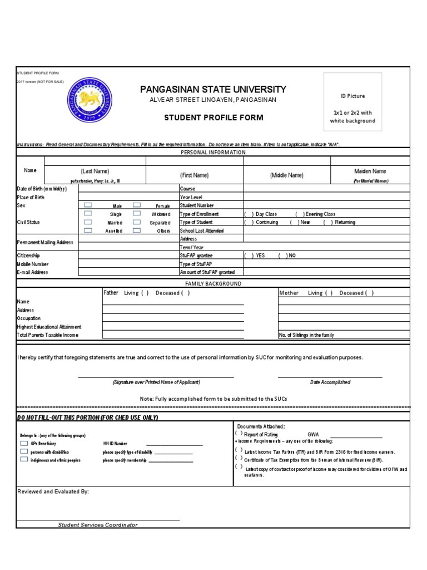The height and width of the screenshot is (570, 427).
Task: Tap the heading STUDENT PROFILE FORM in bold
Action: pyautogui.click(x=206, y=117)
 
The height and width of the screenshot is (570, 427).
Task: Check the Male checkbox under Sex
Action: pyautogui.click(x=88, y=205)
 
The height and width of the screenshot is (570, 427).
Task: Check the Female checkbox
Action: pyautogui.click(x=137, y=205)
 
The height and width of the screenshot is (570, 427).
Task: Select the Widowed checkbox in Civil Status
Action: pyautogui.click(x=137, y=214)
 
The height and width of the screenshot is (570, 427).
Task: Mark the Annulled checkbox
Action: pyautogui.click(x=88, y=230)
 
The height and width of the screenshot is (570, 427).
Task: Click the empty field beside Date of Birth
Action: pyautogui.click(x=128, y=189)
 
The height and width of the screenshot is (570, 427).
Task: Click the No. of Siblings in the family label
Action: pyautogui.click(x=306, y=335)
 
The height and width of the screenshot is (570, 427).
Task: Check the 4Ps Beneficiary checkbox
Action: pyautogui.click(x=24, y=444)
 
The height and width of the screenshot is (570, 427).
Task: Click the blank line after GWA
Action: pyautogui.click(x=356, y=437)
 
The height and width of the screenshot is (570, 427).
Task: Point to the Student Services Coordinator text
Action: pyautogui.click(x=98, y=525)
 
